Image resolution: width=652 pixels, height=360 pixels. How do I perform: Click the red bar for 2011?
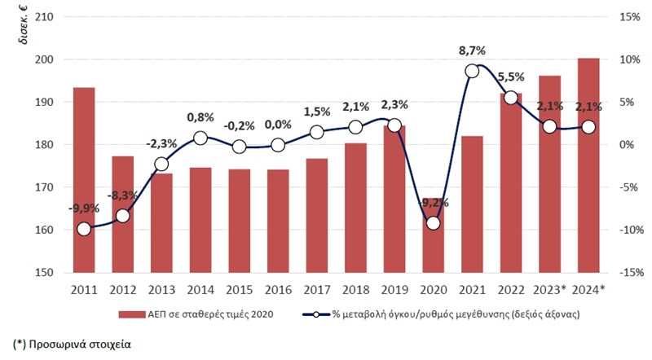84,179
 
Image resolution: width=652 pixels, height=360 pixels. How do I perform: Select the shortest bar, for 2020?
433,244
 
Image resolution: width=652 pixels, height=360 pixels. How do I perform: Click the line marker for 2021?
472,71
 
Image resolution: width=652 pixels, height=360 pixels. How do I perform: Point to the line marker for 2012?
123,216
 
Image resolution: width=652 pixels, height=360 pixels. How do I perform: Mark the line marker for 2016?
278,145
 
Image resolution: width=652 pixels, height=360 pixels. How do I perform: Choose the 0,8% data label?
200,116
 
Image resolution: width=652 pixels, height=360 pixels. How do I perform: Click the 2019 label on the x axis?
394,289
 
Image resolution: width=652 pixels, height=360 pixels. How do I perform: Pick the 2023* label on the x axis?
550,289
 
